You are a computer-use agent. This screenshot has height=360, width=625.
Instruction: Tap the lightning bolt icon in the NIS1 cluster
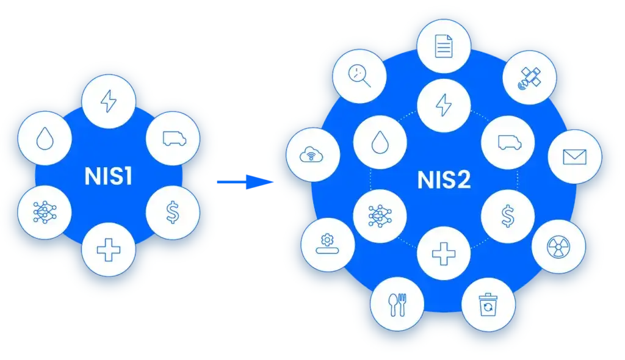point(109,101)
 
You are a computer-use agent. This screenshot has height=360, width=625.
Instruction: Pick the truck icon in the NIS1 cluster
point(173,139)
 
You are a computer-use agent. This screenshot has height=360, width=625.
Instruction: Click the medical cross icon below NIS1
point(109,250)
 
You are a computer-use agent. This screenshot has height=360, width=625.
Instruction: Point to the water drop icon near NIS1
point(45,140)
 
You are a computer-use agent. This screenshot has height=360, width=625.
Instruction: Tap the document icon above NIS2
point(444,46)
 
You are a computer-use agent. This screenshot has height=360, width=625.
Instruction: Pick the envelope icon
point(574,157)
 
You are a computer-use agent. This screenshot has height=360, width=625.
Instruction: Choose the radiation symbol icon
point(558,246)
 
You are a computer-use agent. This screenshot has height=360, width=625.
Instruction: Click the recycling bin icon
point(488,303)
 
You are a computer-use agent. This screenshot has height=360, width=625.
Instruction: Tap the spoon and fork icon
point(398,303)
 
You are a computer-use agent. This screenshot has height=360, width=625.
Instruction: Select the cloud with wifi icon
point(312,156)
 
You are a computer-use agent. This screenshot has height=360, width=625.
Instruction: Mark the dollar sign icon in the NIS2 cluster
point(508,215)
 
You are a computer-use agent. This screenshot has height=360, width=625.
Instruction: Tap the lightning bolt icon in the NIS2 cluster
point(444,105)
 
